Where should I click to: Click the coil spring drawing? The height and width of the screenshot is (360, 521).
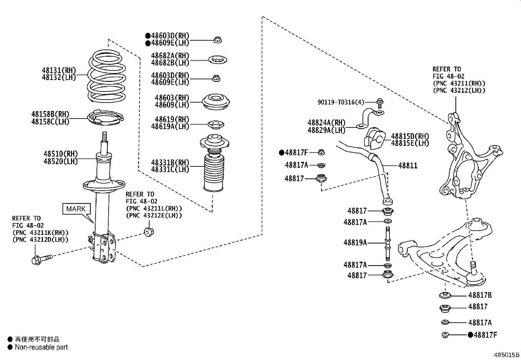tap(107, 76)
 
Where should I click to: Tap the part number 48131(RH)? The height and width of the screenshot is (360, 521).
tap(59, 70)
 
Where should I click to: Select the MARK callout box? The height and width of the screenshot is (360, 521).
tap(76, 209)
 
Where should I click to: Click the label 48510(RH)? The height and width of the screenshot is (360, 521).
tap(61, 154)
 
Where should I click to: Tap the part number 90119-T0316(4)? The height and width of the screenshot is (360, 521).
tap(341, 102)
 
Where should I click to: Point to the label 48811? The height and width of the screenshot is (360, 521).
tap(408, 165)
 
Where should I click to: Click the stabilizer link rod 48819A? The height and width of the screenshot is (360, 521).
tap(387, 243)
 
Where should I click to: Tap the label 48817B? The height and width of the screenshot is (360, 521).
tap(480, 295)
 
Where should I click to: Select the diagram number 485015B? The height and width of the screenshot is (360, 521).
tap(507, 355)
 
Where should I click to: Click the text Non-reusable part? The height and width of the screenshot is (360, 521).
tap(41, 347)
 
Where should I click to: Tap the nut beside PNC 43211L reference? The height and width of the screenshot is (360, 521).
tap(149, 232)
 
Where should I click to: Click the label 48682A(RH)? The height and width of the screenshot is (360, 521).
tap(170, 55)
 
